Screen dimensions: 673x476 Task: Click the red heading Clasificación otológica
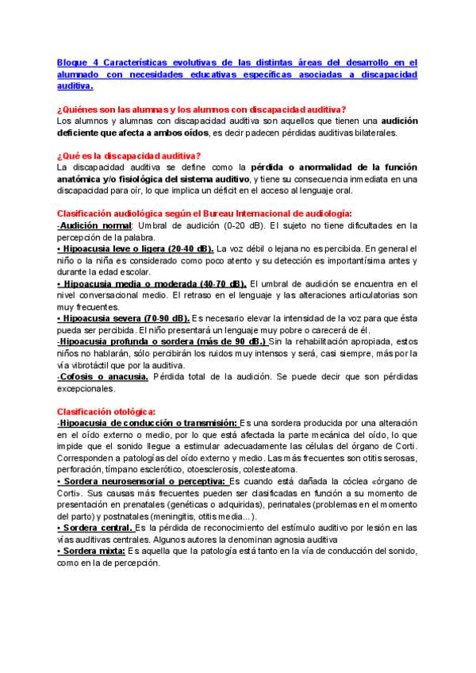[106, 411]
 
